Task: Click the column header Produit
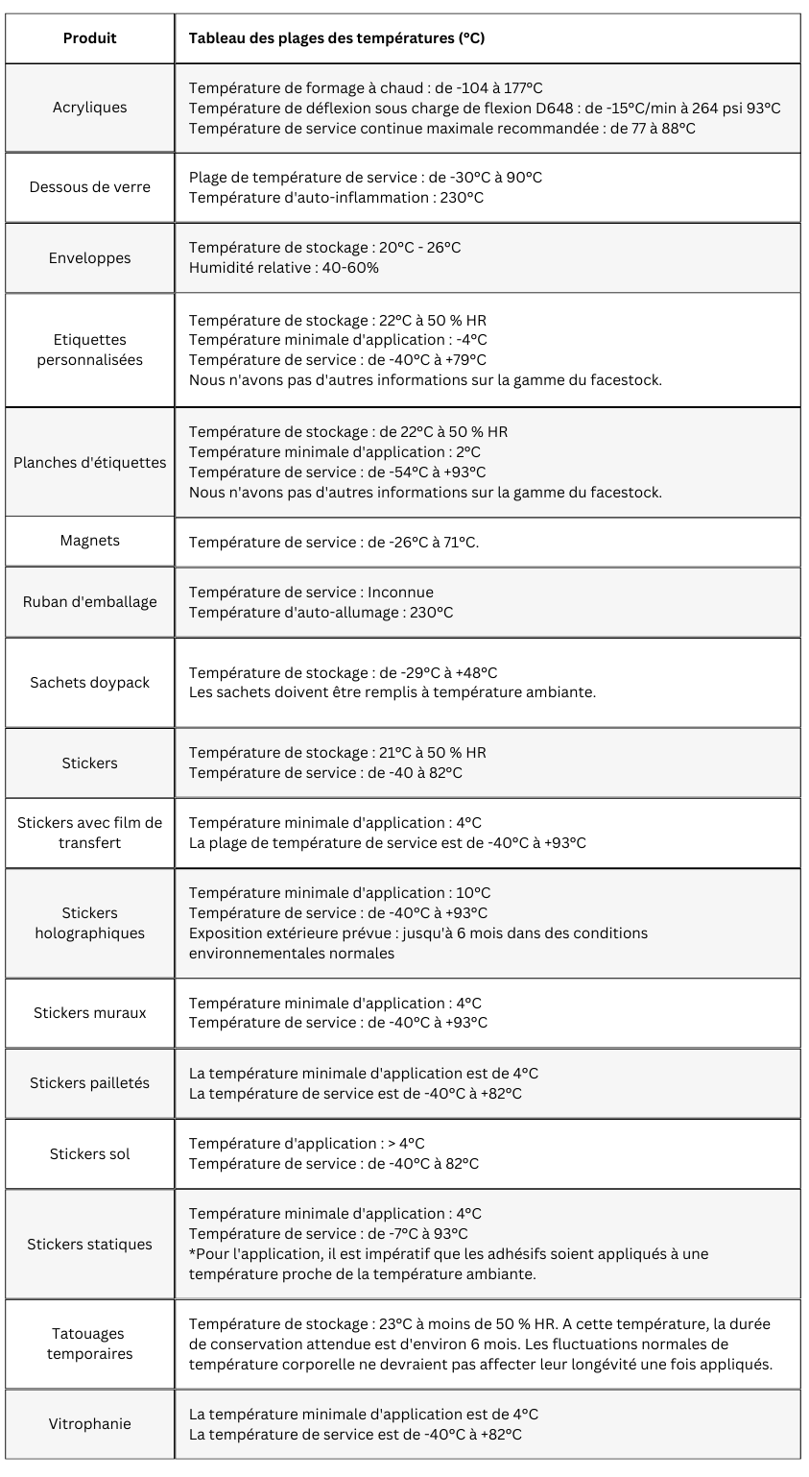click(x=89, y=38)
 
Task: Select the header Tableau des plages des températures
click(x=336, y=38)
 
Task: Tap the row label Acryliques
click(x=89, y=108)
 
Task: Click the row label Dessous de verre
click(x=89, y=187)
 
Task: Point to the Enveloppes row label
click(x=89, y=257)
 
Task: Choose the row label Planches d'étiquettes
click(x=89, y=462)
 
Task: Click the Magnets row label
click(x=89, y=541)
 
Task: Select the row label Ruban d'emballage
click(x=89, y=602)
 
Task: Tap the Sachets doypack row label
click(x=89, y=682)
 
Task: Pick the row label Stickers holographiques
click(x=89, y=923)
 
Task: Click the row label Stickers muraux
click(x=89, y=1012)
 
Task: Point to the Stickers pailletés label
click(x=89, y=1083)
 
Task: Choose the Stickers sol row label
click(x=89, y=1153)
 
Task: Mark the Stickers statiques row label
click(x=89, y=1245)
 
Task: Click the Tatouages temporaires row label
click(x=89, y=1344)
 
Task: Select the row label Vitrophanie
click(x=89, y=1424)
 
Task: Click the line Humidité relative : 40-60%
click(x=283, y=268)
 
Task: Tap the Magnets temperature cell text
click(x=333, y=543)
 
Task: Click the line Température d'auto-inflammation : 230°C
click(x=336, y=198)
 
